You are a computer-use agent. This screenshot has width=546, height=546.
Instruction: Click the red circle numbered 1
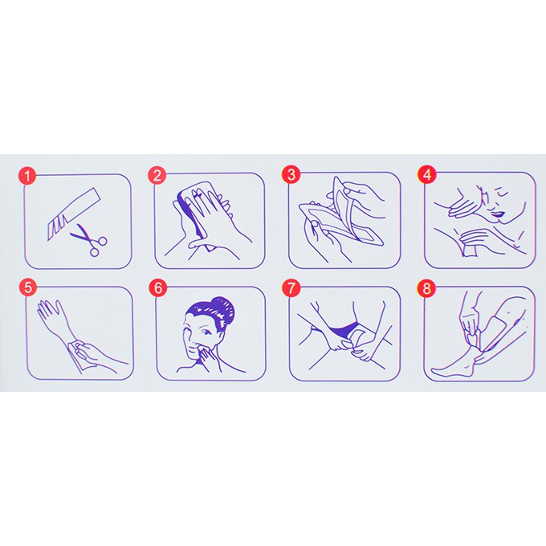coord(28,175)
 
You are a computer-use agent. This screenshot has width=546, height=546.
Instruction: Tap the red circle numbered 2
coord(158,175)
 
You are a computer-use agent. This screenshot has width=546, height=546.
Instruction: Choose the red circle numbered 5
coord(28,286)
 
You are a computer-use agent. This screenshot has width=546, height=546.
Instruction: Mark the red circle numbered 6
coord(158,286)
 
